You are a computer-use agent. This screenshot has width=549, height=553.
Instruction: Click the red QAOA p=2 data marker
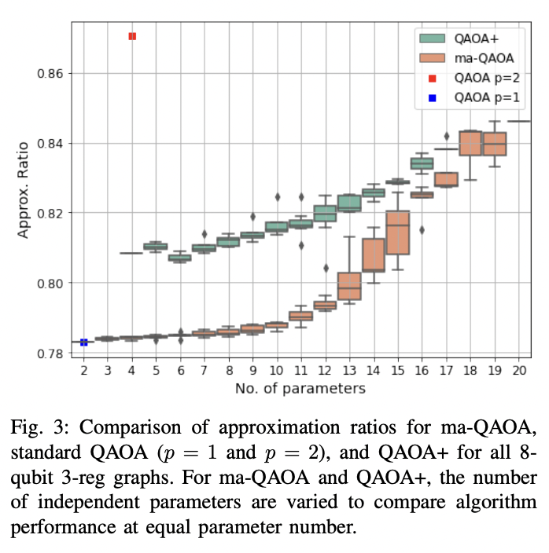pyautogui.click(x=132, y=36)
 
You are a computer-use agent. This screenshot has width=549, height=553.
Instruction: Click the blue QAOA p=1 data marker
pyautogui.click(x=84, y=342)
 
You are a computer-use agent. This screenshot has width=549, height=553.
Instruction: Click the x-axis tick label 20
pyautogui.click(x=518, y=369)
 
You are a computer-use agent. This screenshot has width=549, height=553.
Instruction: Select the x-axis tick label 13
pyautogui.click(x=348, y=369)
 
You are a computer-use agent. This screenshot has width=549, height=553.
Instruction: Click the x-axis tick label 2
pyautogui.click(x=84, y=369)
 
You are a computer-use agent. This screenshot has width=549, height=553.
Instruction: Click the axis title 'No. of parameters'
pyautogui.click(x=300, y=388)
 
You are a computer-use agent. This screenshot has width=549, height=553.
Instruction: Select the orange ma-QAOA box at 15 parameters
pyautogui.click(x=398, y=233)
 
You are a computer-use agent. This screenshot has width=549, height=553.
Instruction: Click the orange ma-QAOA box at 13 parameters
pyautogui.click(x=348, y=285)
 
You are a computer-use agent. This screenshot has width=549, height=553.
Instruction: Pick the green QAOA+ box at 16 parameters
pyautogui.click(x=422, y=163)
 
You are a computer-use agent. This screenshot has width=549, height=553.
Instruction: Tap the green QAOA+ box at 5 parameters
pyautogui.click(x=156, y=246)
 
